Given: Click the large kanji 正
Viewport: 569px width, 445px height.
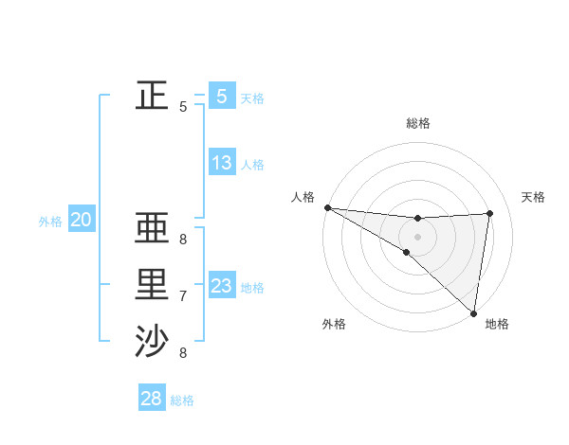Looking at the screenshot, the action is [x=152, y=95].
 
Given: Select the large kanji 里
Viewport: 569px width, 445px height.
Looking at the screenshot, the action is [x=152, y=285].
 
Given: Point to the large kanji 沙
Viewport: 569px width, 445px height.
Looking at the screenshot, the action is [x=152, y=342].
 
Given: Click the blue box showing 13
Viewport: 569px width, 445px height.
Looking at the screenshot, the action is [x=222, y=163].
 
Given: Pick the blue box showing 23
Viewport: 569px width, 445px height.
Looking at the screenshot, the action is [x=222, y=286].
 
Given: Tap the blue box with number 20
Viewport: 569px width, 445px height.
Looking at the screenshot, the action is [x=82, y=221].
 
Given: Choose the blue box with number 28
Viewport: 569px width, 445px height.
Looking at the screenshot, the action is [x=152, y=399].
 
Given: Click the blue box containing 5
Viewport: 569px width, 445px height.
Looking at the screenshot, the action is [x=222, y=96].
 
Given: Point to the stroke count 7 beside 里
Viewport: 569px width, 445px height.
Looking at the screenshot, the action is [x=183, y=296].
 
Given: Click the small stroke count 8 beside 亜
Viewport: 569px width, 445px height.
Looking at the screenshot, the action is [x=183, y=240].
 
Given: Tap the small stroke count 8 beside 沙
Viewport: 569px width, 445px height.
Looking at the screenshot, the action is [x=183, y=353].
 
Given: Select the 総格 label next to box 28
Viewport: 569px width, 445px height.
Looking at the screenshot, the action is [x=182, y=400].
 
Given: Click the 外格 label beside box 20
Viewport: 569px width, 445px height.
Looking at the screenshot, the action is [x=50, y=222].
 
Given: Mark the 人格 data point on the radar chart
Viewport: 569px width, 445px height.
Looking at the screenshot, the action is [x=327, y=207].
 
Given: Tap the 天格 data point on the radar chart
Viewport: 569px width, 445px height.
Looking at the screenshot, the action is [x=489, y=213].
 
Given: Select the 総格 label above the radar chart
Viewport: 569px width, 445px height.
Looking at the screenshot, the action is [x=417, y=123].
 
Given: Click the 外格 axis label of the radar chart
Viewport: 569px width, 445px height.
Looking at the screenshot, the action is [x=334, y=324].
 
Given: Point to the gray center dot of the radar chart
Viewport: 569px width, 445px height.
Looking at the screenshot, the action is [x=417, y=236].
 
